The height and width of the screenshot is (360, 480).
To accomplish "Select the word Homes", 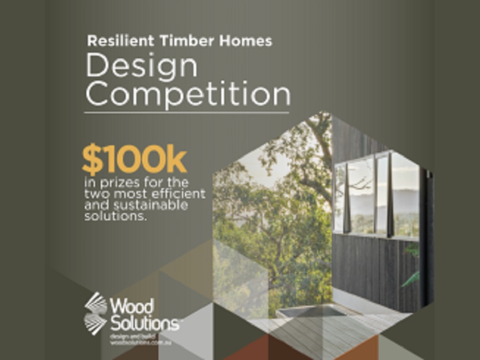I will [246, 41].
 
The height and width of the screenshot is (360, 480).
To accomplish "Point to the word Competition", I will [188, 94].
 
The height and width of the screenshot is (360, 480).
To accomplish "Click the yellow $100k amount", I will [134, 161].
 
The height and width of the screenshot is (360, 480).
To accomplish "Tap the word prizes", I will [114, 183].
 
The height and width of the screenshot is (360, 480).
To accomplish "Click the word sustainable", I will [157, 205].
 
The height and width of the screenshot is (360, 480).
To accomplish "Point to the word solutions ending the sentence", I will [115, 216].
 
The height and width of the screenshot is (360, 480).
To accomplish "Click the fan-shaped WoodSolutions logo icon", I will [96, 313].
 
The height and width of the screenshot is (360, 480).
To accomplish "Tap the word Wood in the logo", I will [132, 306].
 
